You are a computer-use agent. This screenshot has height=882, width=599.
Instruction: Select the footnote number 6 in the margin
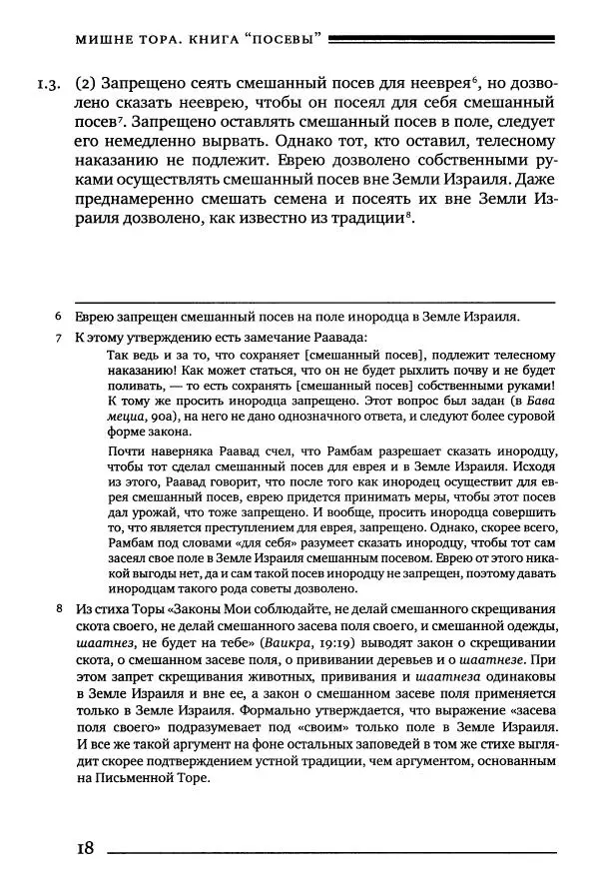coord(60,318)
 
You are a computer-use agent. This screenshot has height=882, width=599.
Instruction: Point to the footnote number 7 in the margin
coord(60,339)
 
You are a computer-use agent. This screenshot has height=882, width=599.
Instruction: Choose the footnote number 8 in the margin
coord(60,608)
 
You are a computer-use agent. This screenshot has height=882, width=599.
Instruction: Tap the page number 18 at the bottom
coord(83,848)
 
